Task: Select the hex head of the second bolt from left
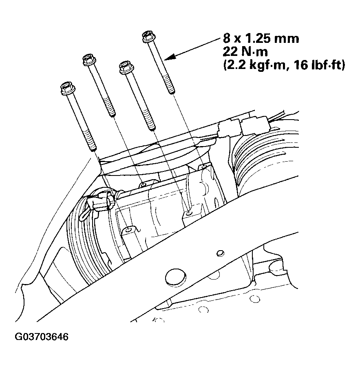(89, 60)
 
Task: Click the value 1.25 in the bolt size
(258, 39)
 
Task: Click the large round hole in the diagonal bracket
(174, 278)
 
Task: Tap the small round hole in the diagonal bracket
(220, 253)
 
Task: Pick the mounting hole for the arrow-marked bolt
(201, 167)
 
